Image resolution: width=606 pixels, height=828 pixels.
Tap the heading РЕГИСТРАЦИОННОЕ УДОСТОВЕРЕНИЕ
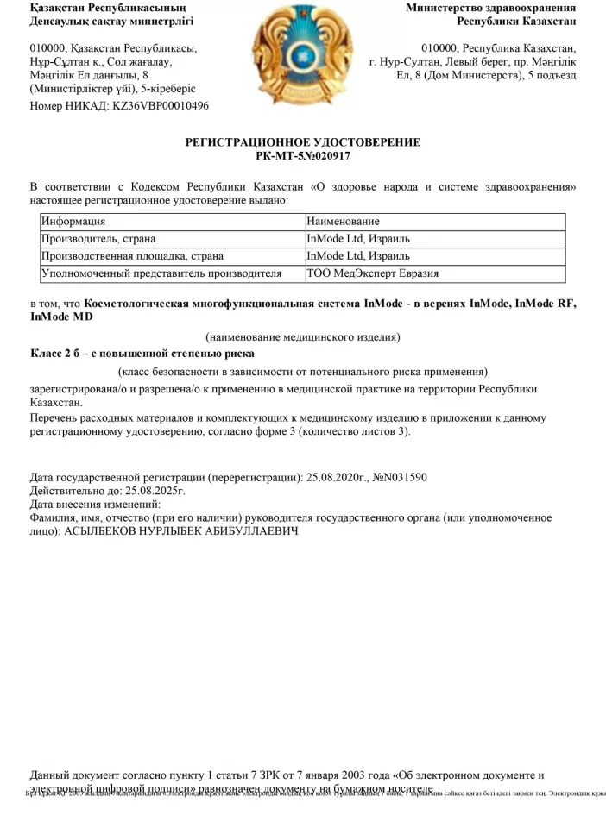point(303,142)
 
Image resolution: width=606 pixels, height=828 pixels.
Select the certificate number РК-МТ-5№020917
point(303,156)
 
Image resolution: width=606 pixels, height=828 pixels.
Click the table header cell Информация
point(74,222)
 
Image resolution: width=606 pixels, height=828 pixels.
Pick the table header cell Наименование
point(343,222)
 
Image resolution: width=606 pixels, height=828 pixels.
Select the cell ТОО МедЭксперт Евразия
point(373,273)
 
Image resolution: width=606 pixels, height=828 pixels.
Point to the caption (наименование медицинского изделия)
point(303,336)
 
